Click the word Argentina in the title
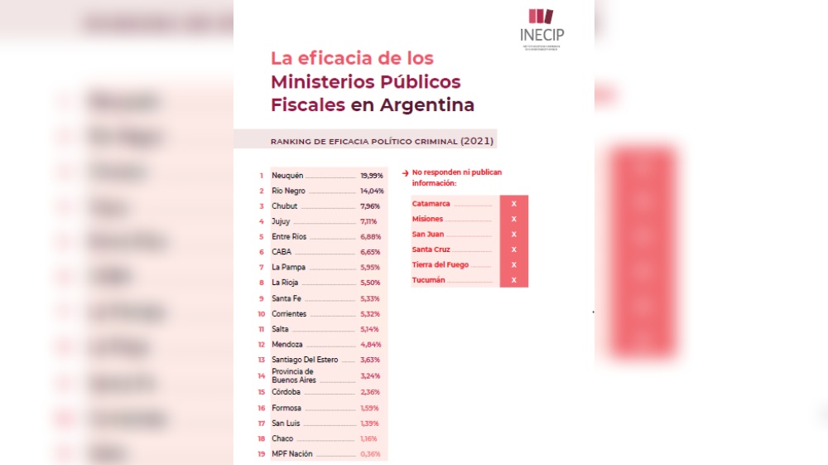point(426,105)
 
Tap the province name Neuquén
point(287,176)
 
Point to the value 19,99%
point(372,176)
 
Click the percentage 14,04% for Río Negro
point(372,191)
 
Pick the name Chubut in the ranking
point(284,206)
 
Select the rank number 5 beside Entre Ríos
point(262,237)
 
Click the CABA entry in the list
point(282,252)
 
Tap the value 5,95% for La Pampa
point(369,268)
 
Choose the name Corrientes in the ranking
point(289,314)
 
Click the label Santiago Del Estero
point(305,360)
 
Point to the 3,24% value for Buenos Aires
point(370,375)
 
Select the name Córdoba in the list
point(286,391)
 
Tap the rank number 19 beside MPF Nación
point(262,453)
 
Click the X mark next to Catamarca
point(514,203)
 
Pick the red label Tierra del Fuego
point(440,264)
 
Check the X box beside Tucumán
point(514,280)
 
